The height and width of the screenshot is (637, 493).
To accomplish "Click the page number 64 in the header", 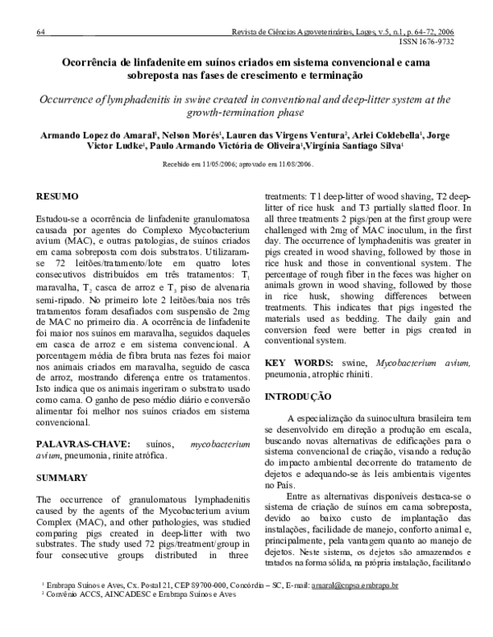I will [x=40, y=32].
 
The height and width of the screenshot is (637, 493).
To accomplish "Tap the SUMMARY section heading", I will [x=60, y=477].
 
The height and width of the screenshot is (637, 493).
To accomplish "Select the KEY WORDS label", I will [x=296, y=362].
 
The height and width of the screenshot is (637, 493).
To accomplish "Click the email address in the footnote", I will [x=362, y=609].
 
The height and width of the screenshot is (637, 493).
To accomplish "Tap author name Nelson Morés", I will [x=180, y=134].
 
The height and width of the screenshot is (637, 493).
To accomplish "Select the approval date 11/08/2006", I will [x=293, y=164].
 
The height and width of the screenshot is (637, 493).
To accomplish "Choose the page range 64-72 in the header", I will [x=425, y=32].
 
